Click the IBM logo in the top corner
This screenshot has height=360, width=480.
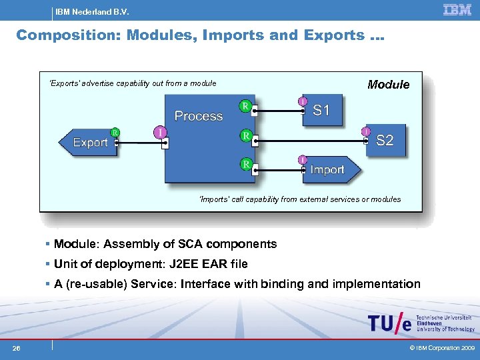click(x=457, y=9)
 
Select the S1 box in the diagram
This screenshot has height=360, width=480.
click(x=321, y=110)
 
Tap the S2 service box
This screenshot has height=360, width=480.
click(x=385, y=140)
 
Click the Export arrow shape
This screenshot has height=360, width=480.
click(x=88, y=142)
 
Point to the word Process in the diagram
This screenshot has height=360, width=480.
click(x=198, y=116)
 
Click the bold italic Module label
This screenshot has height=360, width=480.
click(x=389, y=85)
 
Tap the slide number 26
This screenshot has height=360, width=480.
click(x=16, y=348)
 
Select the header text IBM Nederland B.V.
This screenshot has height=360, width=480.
click(x=92, y=12)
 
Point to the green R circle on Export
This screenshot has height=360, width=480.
click(x=115, y=132)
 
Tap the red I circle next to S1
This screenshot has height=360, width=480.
click(x=303, y=101)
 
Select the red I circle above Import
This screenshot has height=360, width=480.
click(x=303, y=159)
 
